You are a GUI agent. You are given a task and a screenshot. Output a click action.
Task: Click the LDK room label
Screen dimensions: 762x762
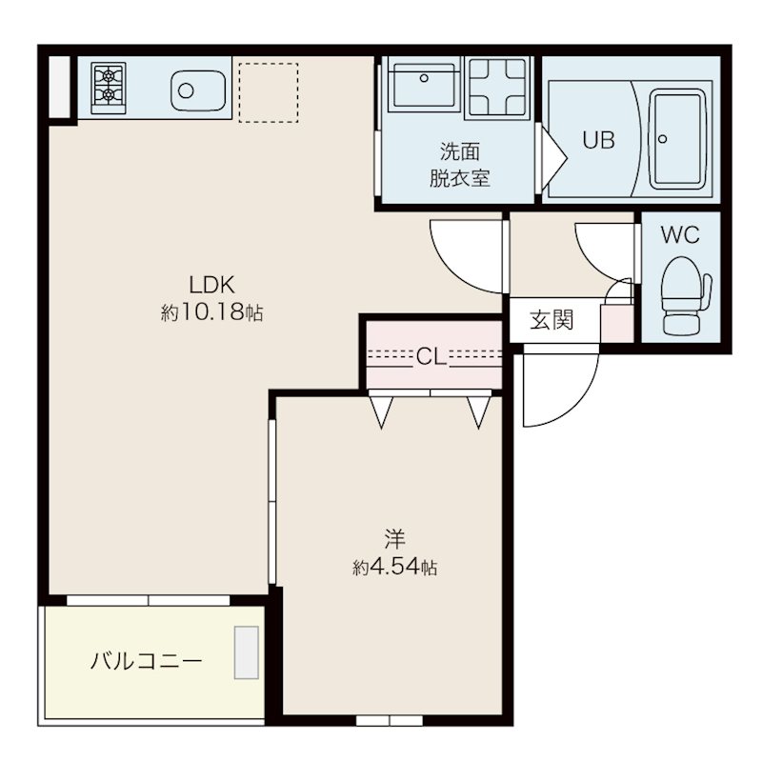pyautogui.click(x=211, y=284)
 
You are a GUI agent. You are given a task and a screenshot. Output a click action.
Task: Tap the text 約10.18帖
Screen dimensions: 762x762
pyautogui.click(x=211, y=311)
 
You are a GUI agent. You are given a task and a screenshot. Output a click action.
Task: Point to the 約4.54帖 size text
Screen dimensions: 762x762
pyautogui.click(x=394, y=568)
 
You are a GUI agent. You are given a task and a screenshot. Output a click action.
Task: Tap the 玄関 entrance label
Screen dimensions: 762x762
pyautogui.click(x=551, y=320)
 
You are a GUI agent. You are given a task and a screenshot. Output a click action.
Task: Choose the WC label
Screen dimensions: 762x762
pyautogui.click(x=680, y=234)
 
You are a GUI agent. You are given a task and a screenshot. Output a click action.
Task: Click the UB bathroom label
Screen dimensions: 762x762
pyautogui.click(x=598, y=140)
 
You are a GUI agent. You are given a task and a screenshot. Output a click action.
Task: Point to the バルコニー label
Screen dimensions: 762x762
pyautogui.click(x=147, y=660)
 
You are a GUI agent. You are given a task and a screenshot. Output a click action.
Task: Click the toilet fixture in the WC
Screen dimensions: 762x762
pyautogui.click(x=683, y=291)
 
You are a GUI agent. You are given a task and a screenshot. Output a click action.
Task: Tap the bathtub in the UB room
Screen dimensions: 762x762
pyautogui.click(x=677, y=135)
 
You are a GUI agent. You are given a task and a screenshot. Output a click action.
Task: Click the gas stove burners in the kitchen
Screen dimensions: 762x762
pyautogui.click(x=108, y=84)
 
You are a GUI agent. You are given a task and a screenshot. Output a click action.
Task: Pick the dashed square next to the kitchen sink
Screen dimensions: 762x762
pyautogui.click(x=268, y=92)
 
